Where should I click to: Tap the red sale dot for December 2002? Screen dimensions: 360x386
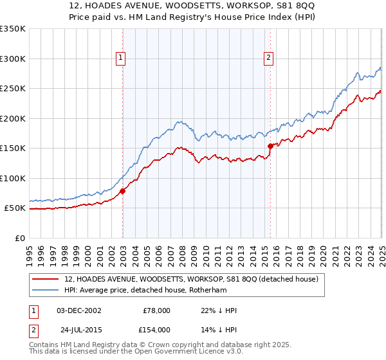click(123, 190)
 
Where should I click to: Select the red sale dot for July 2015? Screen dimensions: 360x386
click(270, 146)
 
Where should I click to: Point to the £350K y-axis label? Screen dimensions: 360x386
click(13, 29)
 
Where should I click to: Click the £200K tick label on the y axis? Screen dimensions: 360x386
click(13, 118)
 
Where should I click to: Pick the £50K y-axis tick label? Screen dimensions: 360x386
click(15, 208)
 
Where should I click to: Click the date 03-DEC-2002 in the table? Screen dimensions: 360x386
click(79, 310)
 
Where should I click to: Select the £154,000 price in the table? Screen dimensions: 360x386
click(156, 330)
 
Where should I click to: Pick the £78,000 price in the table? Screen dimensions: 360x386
click(156, 310)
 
